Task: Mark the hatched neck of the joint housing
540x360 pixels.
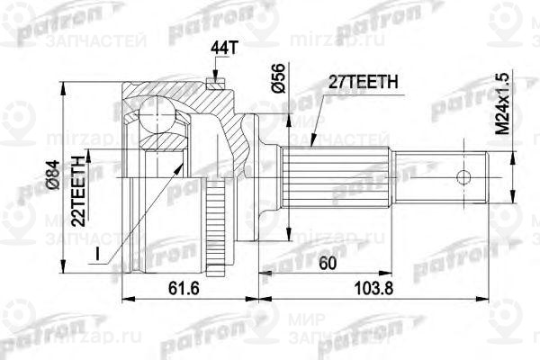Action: pyautogui.click(x=238, y=130)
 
